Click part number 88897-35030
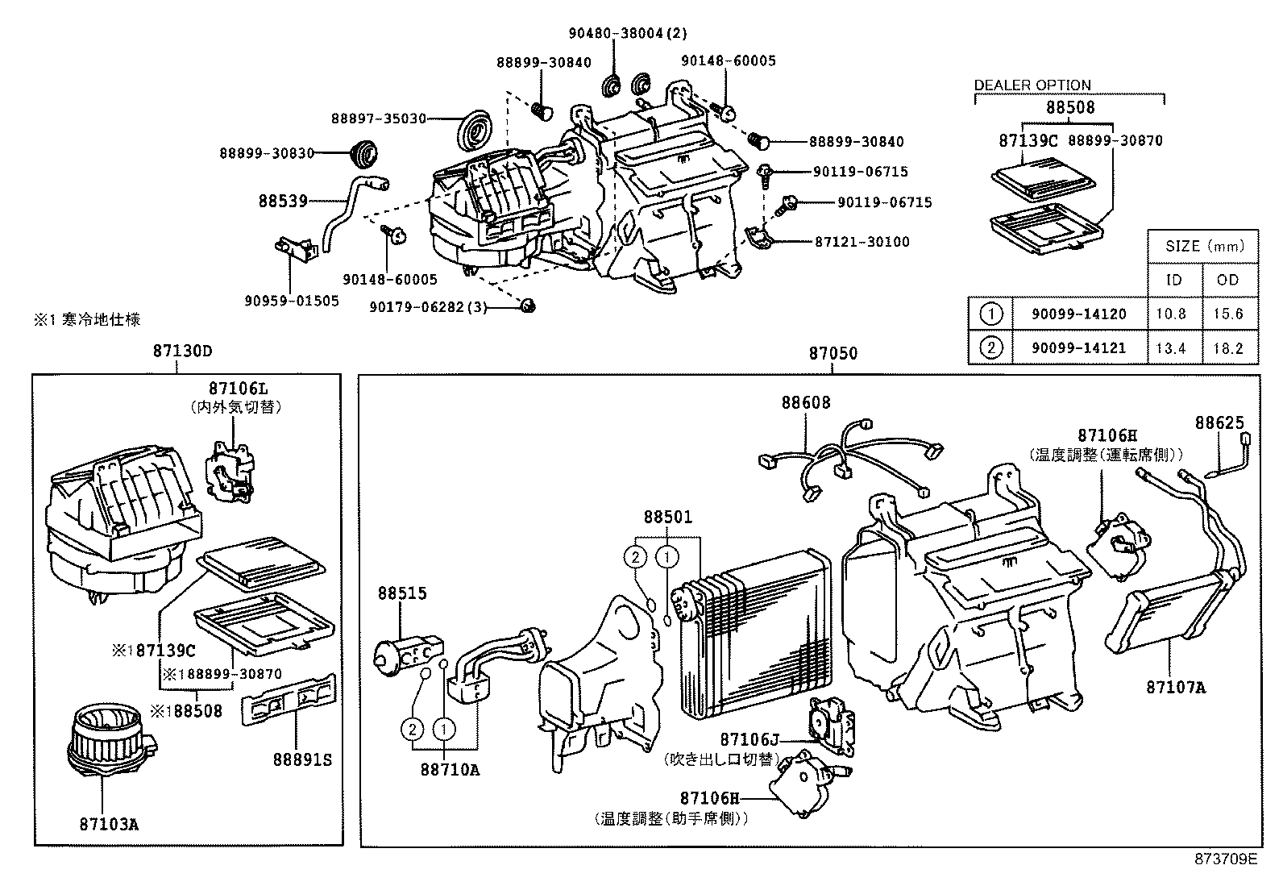pyautogui.click(x=378, y=119)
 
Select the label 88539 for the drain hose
pyautogui.click(x=283, y=201)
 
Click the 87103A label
pyautogui.click(x=109, y=825)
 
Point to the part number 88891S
pyautogui.click(x=302, y=759)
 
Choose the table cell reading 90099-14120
pyautogui.click(x=1078, y=314)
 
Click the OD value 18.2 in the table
pyautogui.click(x=1227, y=348)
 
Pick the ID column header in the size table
pyautogui.click(x=1174, y=280)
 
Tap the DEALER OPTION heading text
pyautogui.click(x=1032, y=85)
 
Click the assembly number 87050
pyautogui.click(x=833, y=353)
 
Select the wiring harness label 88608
pyautogui.click(x=805, y=402)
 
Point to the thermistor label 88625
pyautogui.click(x=1219, y=422)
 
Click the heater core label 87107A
pyautogui.click(x=1176, y=688)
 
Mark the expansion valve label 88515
pyautogui.click(x=402, y=593)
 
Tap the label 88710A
pyautogui.click(x=450, y=769)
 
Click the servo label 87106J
pyautogui.click(x=750, y=739)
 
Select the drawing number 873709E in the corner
pyautogui.click(x=1225, y=859)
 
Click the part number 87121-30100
pyautogui.click(x=862, y=242)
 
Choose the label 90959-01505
pyautogui.click(x=292, y=301)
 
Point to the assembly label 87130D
pyautogui.click(x=182, y=351)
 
